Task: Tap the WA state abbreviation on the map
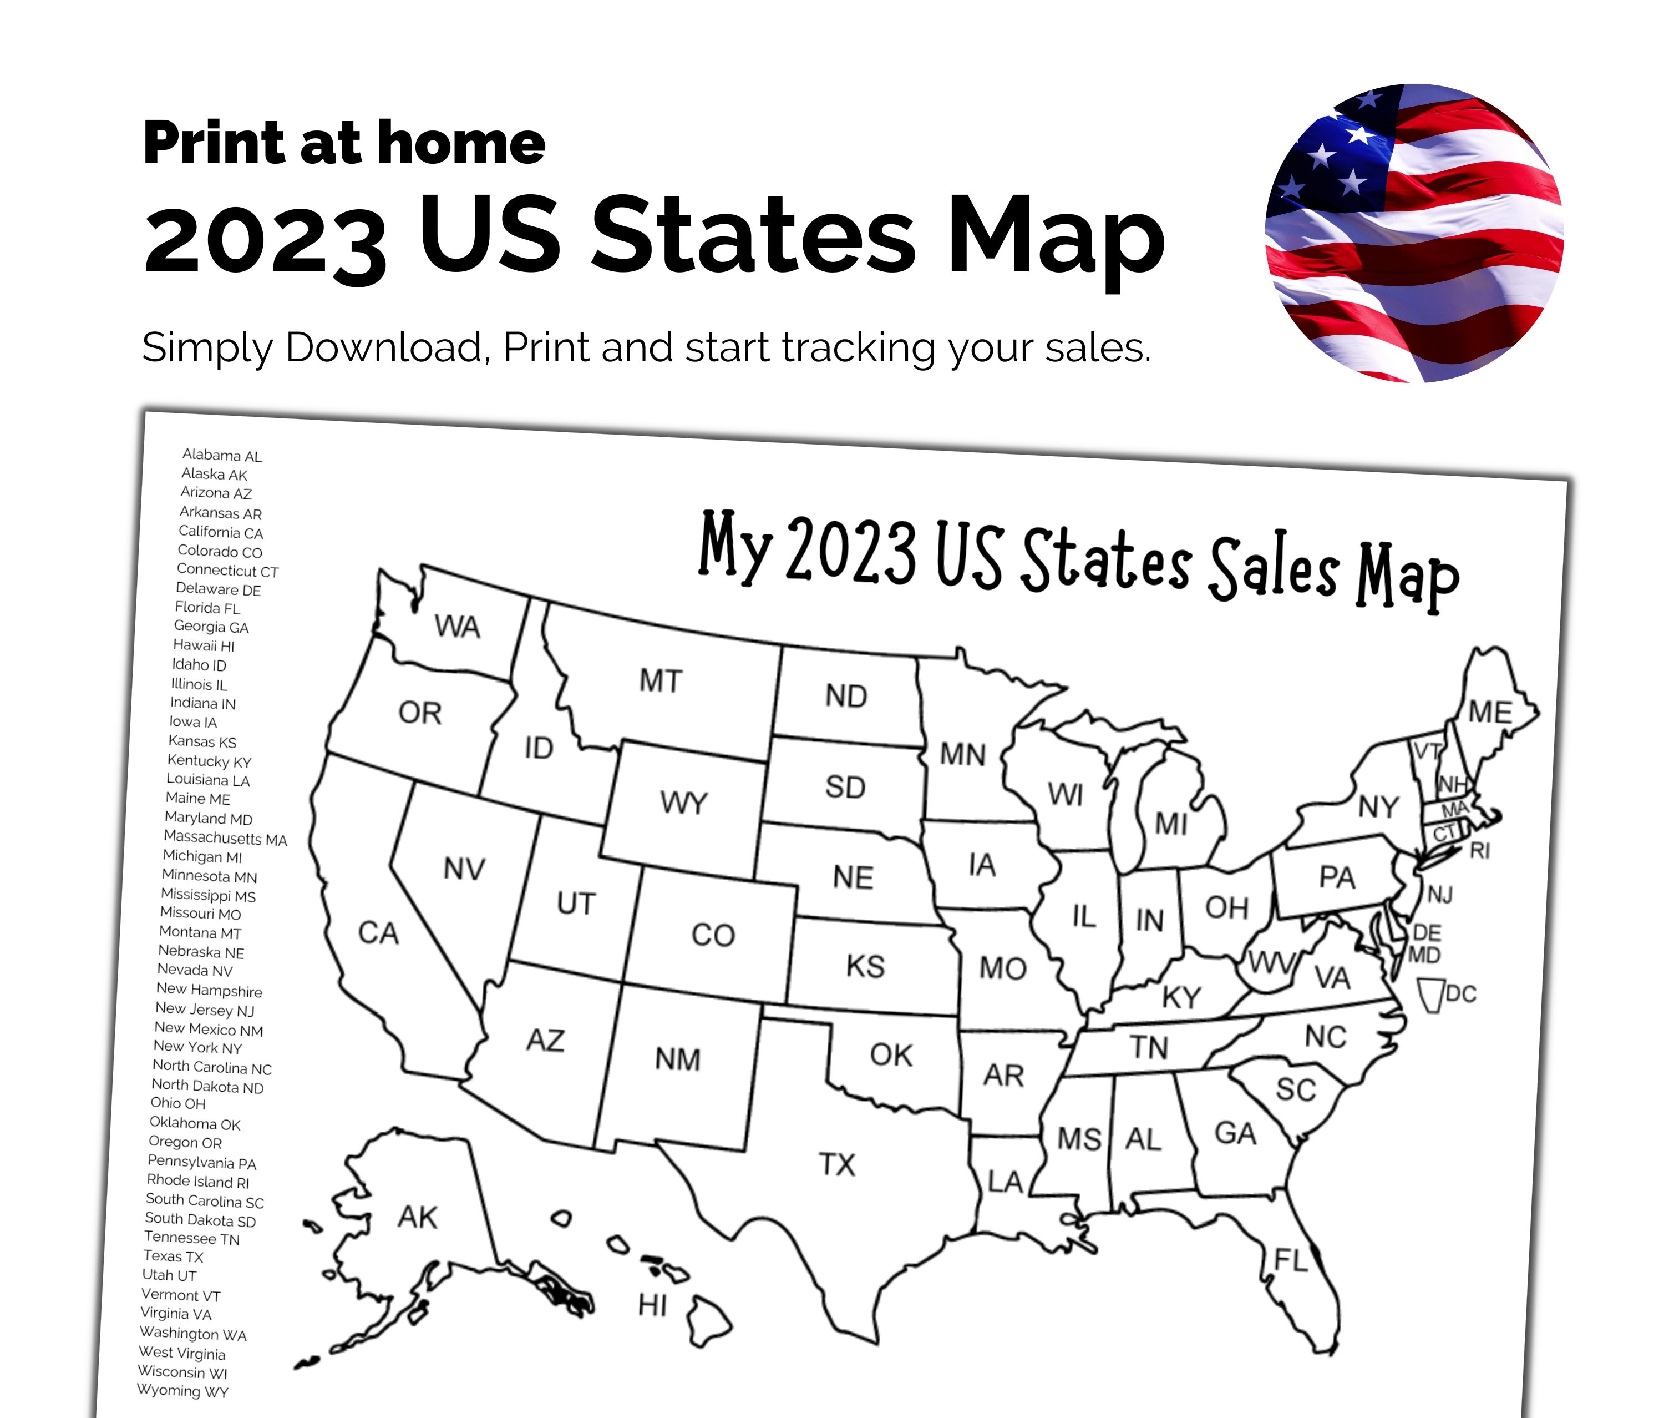click(x=457, y=627)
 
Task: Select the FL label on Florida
click(x=1291, y=1259)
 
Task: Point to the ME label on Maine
click(x=1490, y=712)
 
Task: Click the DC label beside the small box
click(x=1461, y=994)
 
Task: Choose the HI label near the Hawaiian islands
click(x=652, y=1305)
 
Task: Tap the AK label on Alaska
click(x=418, y=1217)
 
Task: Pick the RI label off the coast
click(x=1479, y=850)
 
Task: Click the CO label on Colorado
click(x=713, y=935)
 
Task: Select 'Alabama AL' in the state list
click(x=222, y=456)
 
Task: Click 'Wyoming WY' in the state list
click(x=182, y=1391)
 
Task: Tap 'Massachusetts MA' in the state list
click(x=225, y=838)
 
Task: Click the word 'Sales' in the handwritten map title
click(x=1274, y=567)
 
